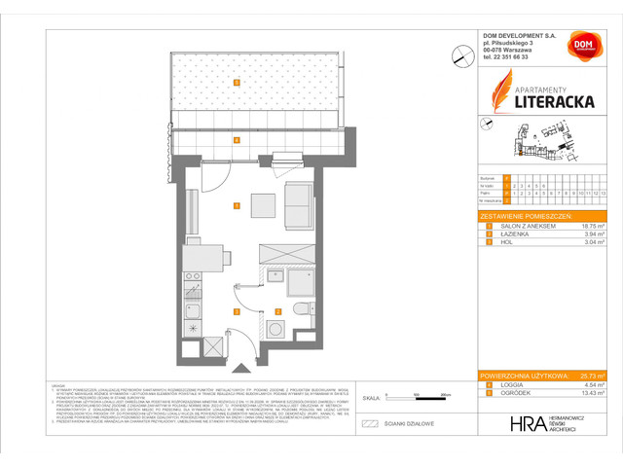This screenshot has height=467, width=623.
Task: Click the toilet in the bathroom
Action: click(301, 310)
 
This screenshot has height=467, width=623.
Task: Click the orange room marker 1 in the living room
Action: click(237, 206)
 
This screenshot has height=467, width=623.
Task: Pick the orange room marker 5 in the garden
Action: click(237, 82)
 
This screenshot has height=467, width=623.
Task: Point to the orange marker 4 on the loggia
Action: click(237, 140)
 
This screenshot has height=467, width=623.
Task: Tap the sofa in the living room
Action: click(300, 203)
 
